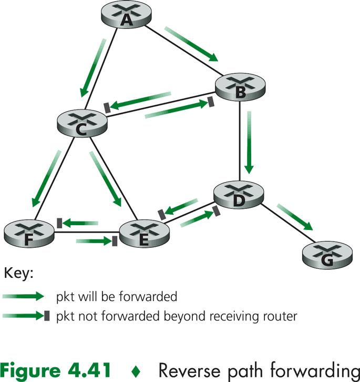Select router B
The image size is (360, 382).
point(240,88)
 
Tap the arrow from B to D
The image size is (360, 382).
point(250,142)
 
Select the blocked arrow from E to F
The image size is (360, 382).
point(79,224)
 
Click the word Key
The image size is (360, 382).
point(18,274)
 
